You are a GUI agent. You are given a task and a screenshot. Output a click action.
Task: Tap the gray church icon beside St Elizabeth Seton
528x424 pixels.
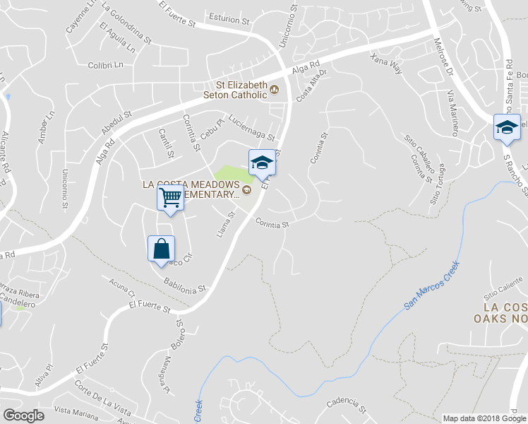[x=275, y=89]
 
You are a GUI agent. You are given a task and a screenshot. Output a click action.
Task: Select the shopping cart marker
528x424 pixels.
[x=170, y=198]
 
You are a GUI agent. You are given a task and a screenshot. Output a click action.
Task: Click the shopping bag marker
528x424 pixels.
[x=162, y=248]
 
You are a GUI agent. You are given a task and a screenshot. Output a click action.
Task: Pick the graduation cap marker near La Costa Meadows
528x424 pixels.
[x=261, y=162]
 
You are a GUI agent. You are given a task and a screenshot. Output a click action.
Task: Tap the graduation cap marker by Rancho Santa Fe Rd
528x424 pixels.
[x=506, y=127]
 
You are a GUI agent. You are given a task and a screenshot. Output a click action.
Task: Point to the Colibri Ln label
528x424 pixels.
[x=106, y=64]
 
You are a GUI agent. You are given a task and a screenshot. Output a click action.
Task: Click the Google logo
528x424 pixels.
[x=24, y=415]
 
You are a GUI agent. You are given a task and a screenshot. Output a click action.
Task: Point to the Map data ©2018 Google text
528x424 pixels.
[x=484, y=418]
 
